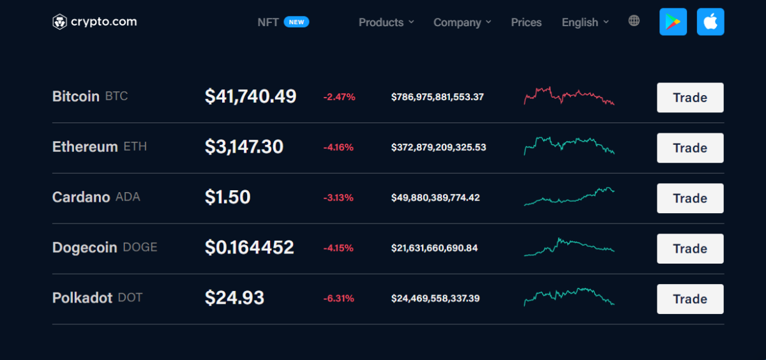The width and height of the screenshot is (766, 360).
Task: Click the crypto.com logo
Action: (94, 22)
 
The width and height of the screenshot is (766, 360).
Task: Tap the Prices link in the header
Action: (526, 22)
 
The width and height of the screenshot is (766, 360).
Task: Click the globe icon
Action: (634, 21)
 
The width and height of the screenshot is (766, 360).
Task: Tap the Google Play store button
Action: (673, 22)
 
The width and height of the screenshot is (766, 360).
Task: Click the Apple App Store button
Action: (710, 22)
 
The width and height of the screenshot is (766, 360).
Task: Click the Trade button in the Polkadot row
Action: (690, 299)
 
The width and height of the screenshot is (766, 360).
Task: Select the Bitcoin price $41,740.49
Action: (250, 96)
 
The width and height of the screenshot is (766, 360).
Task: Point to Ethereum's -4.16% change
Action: (338, 147)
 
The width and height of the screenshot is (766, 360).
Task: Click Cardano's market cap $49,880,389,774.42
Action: (435, 198)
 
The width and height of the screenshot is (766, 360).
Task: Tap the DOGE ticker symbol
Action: (140, 248)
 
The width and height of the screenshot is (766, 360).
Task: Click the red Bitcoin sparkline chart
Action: (569, 96)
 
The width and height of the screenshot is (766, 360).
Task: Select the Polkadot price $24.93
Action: (234, 298)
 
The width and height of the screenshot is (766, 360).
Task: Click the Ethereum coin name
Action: (85, 147)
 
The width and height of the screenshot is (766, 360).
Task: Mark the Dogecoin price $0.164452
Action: (249, 248)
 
